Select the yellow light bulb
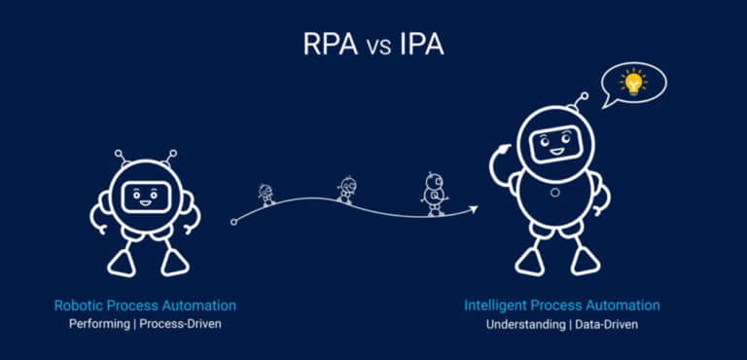[x=633, y=82]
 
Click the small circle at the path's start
[x=233, y=223]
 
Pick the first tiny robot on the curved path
[x=267, y=194]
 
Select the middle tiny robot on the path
[x=346, y=189]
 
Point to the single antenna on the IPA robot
[x=582, y=102]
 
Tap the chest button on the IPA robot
[x=554, y=192]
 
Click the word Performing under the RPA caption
[x=97, y=323]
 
